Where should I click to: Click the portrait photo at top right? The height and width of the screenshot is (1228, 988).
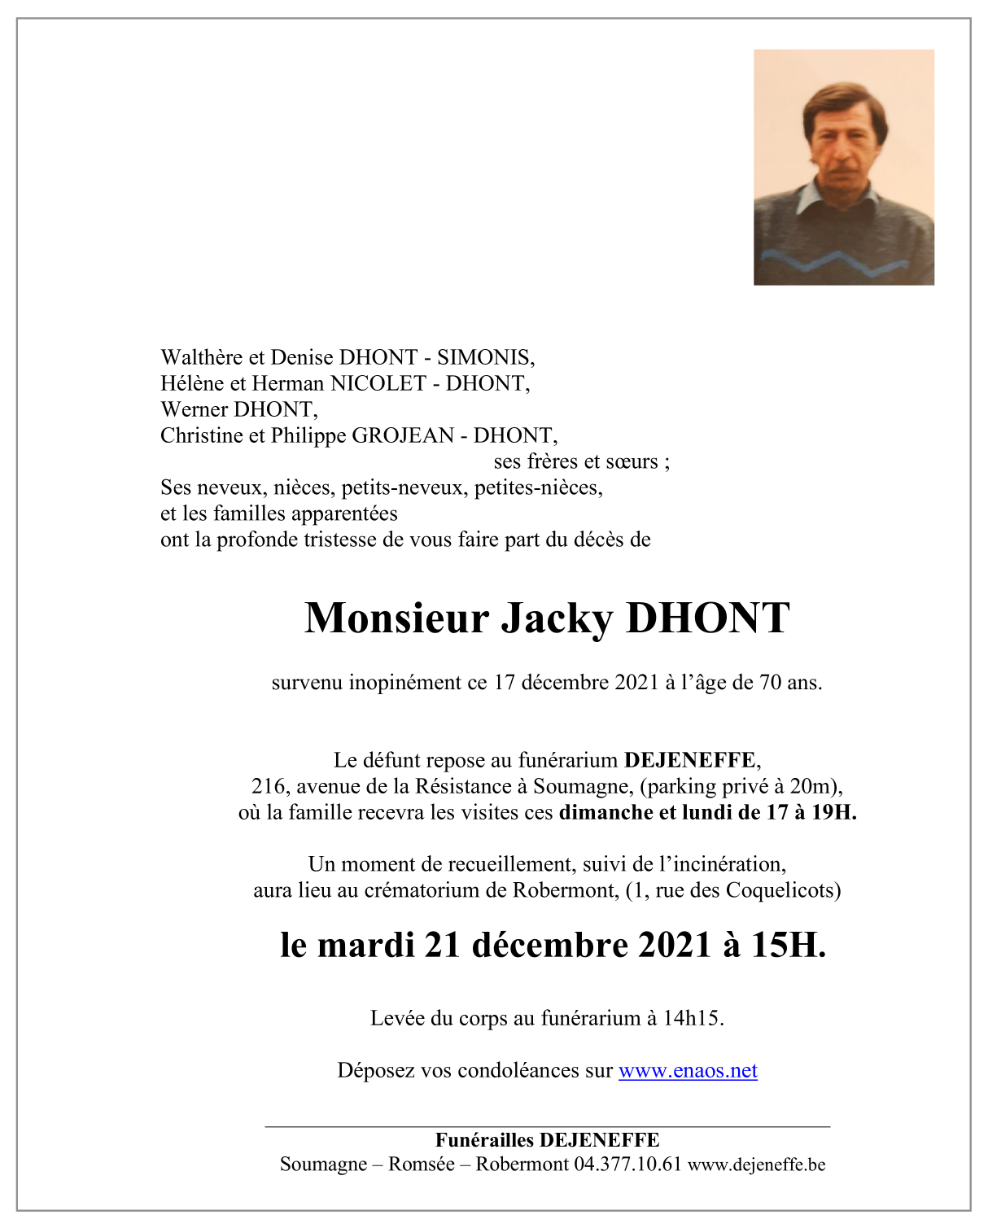point(843,168)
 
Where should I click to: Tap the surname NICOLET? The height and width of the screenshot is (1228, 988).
point(378,383)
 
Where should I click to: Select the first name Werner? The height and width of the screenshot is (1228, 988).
point(195,409)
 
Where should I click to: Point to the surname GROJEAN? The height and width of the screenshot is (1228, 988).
point(402,435)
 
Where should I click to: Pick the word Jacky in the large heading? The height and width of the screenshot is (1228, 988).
point(556,618)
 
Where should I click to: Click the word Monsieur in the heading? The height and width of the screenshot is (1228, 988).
point(396,618)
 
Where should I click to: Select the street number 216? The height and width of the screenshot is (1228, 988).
point(268,786)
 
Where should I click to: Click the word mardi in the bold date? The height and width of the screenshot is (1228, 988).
point(366,945)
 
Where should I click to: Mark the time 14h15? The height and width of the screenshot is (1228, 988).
point(693,1018)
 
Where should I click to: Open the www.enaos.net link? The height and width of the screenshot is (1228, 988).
point(688,1070)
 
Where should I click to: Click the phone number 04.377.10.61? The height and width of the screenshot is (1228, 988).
point(627,1164)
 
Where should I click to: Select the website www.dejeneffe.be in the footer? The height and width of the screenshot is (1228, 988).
point(757,1165)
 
